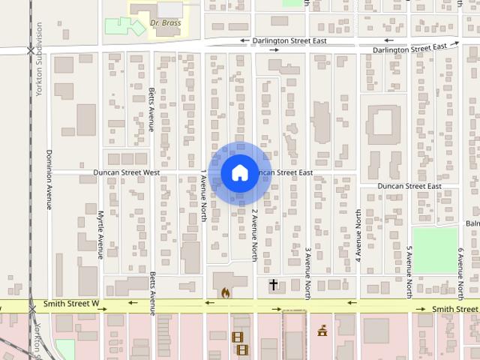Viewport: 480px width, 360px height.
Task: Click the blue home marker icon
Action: (239, 172)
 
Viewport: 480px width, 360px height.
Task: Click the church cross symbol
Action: (274, 284)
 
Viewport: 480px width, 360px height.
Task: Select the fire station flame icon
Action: (223, 292)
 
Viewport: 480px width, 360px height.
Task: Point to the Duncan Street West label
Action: (127, 172)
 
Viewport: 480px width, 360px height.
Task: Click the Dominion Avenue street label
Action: (49, 181)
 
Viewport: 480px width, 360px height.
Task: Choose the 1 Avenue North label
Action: (203, 196)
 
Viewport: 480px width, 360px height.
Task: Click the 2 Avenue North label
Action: (255, 235)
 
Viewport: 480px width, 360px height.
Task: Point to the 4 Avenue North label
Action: (358, 235)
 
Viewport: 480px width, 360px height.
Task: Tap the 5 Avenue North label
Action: (409, 272)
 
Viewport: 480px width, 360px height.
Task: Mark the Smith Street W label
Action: (71, 304)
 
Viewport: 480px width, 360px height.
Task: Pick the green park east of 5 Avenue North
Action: (434, 250)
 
